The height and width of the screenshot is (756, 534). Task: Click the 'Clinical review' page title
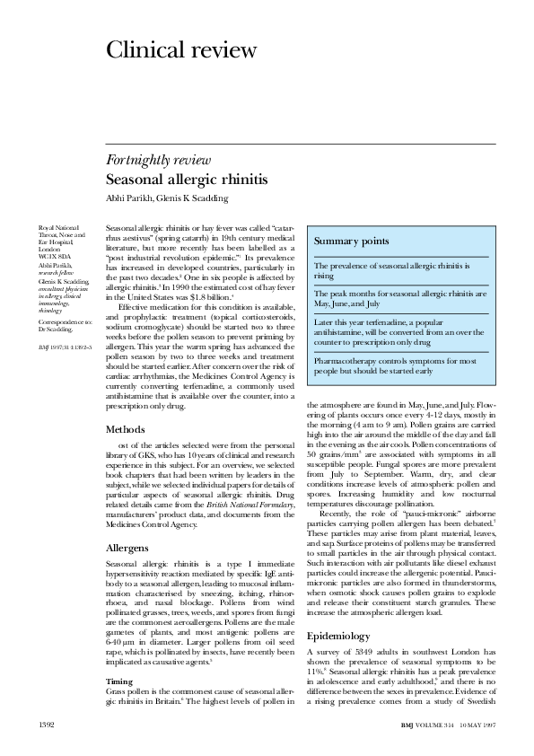tap(181, 50)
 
